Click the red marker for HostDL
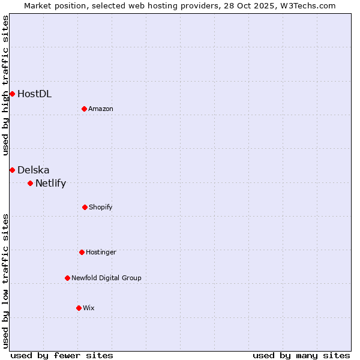(12, 94)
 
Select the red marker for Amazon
(85, 109)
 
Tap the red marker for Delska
(12, 170)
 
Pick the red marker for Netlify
(30, 183)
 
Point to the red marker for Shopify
(85, 207)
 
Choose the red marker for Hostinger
(82, 252)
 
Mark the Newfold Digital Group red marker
(67, 278)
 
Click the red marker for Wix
(79, 308)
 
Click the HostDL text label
(34, 94)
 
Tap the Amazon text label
(101, 109)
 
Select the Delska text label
(34, 170)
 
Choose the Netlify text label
(50, 183)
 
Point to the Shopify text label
(101, 207)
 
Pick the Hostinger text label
(101, 252)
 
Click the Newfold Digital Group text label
(106, 278)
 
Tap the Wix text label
(89, 308)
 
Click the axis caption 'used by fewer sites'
(62, 355)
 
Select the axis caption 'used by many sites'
(301, 355)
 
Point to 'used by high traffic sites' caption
(5, 85)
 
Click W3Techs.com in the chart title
(306, 5)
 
